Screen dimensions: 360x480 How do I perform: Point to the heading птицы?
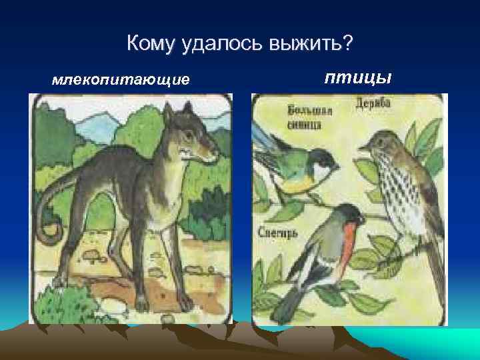coord(357,78)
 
